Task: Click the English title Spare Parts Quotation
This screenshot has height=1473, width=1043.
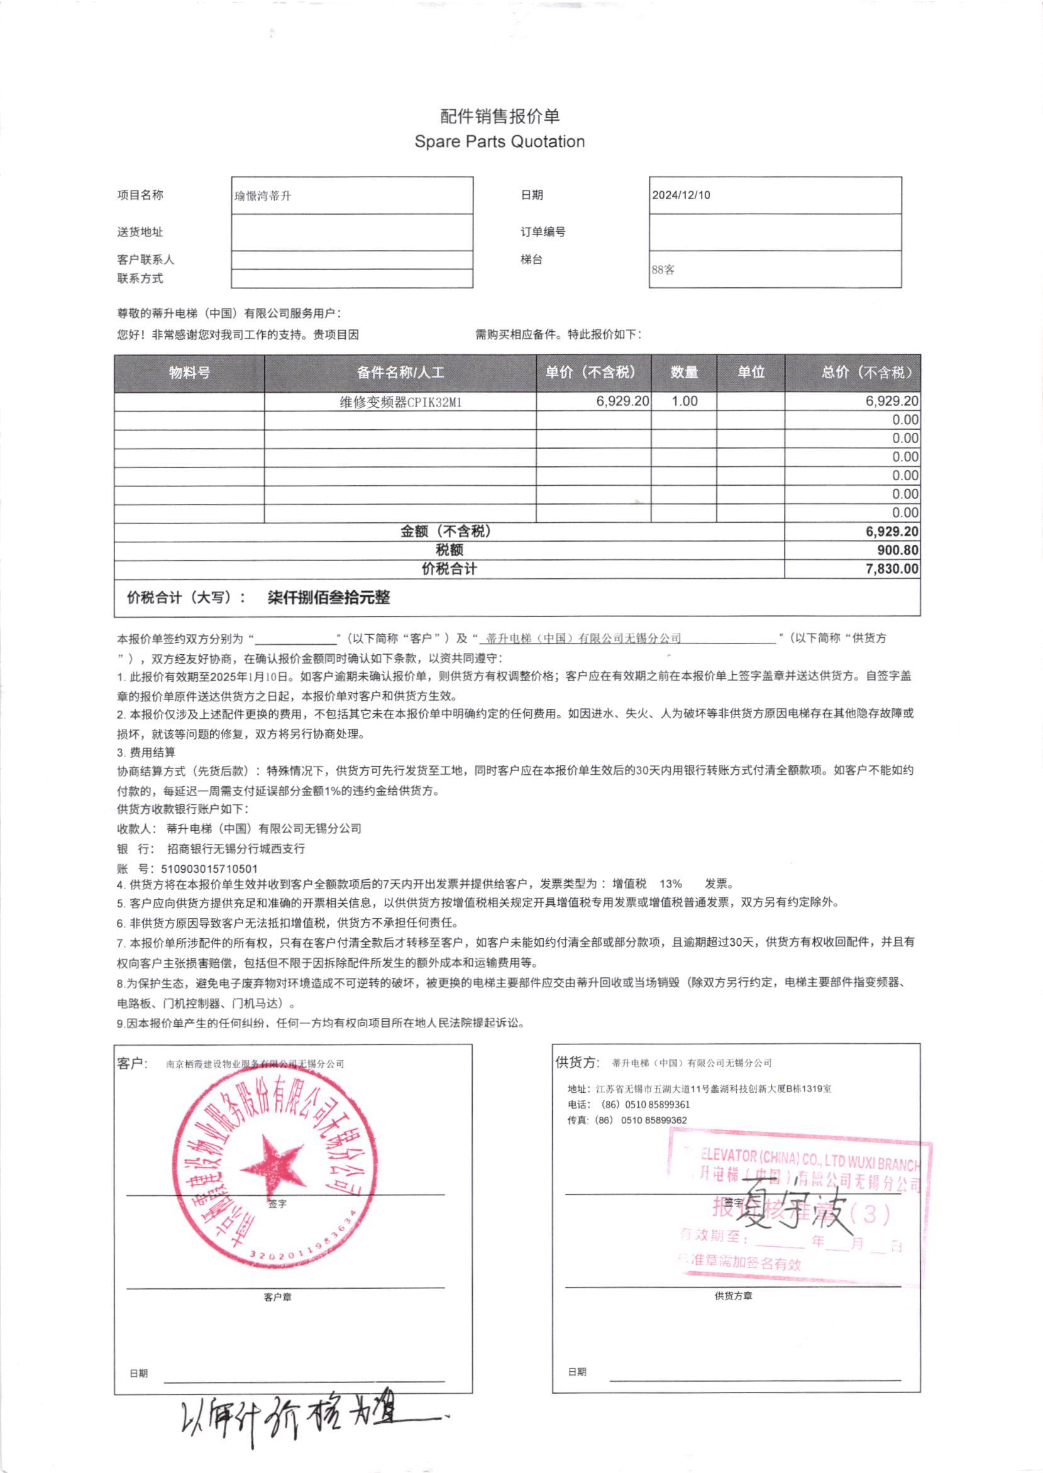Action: click(x=499, y=142)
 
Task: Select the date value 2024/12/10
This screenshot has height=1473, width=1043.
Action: click(x=681, y=195)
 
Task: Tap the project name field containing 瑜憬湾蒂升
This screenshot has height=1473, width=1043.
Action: click(x=263, y=196)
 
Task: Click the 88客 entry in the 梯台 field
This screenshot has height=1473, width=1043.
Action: click(x=663, y=270)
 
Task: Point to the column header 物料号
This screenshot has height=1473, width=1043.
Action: click(x=189, y=372)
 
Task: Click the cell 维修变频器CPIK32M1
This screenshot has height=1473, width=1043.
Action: click(x=400, y=402)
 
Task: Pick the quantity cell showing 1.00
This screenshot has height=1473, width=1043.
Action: click(x=684, y=401)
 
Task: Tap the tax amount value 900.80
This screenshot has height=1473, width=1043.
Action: click(x=897, y=550)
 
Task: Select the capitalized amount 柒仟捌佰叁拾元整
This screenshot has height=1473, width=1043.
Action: click(x=328, y=598)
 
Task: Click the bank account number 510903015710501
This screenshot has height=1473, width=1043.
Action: click(x=209, y=869)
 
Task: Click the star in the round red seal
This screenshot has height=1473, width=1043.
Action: click(x=272, y=1164)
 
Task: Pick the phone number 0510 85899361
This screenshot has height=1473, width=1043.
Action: click(x=655, y=1104)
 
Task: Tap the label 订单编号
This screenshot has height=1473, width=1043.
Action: click(x=543, y=233)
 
